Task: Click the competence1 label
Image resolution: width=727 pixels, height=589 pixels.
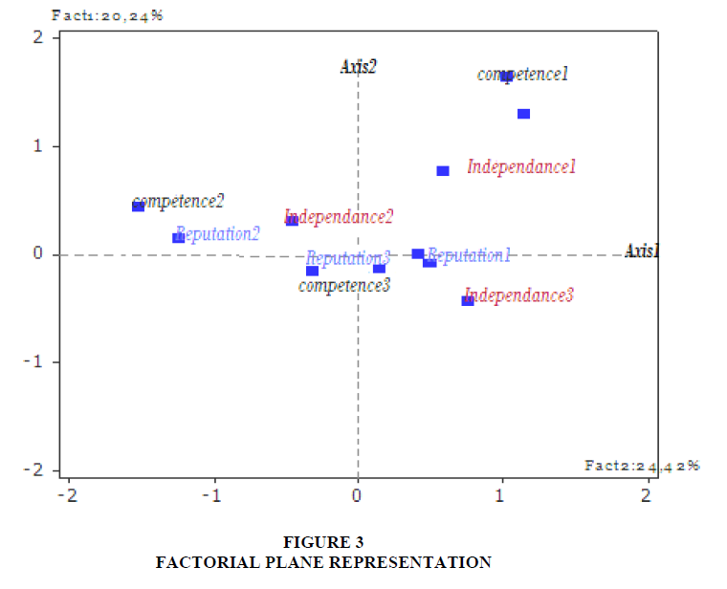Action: point(523,75)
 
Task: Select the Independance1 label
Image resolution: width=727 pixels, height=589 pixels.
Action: point(521,167)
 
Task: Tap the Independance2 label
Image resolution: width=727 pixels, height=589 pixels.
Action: point(339,217)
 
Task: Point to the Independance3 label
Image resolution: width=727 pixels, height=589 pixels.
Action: point(518,295)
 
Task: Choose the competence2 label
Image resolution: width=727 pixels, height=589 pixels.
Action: point(179,202)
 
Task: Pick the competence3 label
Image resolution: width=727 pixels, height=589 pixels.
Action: point(344,285)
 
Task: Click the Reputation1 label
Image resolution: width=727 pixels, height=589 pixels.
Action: point(469,255)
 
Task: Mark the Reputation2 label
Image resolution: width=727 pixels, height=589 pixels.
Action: point(218,234)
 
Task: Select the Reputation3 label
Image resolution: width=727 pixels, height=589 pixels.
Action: point(348,258)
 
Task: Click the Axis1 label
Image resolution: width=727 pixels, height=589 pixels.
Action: point(642,251)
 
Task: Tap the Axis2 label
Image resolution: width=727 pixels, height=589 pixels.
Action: point(358,67)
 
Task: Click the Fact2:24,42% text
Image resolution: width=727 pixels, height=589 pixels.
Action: point(642,466)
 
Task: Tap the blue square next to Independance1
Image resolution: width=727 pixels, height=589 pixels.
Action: point(443,171)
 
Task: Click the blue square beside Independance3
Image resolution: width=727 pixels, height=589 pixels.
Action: point(468,300)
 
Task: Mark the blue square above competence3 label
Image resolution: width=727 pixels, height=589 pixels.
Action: point(312,271)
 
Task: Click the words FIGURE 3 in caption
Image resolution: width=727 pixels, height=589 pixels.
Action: point(323,542)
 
